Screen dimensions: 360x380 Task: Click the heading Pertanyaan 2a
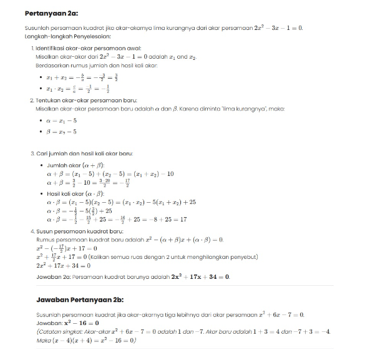[51, 12]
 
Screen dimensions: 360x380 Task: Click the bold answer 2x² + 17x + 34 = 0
[195, 276]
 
